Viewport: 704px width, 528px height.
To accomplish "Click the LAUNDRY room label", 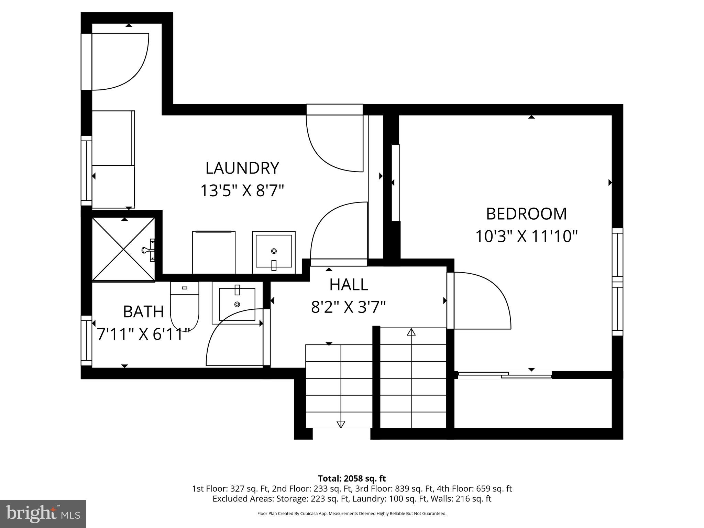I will [242, 168].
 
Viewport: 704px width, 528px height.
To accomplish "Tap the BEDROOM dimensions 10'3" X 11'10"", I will [526, 236].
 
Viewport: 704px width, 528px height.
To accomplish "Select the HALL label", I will [349, 285].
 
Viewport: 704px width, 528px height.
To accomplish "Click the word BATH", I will [143, 312].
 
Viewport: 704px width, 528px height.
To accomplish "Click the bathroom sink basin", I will [237, 304].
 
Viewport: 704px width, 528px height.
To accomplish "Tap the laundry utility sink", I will [274, 251].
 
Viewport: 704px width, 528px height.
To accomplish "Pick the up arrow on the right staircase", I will [411, 332].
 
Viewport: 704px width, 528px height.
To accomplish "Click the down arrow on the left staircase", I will [341, 424].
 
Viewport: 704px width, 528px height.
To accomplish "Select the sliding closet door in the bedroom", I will [505, 375].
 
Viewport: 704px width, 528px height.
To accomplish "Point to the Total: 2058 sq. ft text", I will [352, 478].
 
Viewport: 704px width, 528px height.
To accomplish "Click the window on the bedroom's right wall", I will [617, 282].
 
